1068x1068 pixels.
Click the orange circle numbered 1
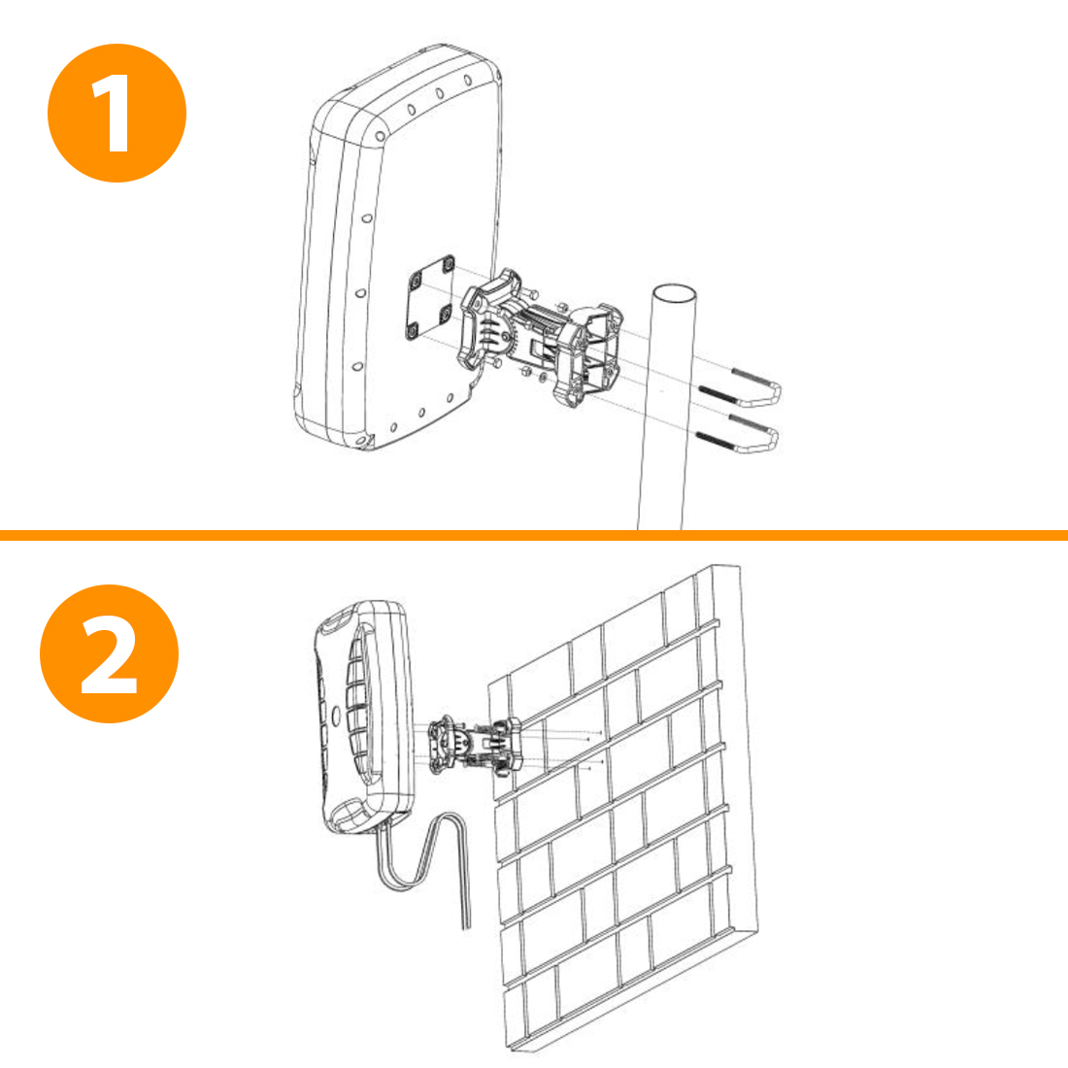point(117,113)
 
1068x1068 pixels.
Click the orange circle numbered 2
point(109,653)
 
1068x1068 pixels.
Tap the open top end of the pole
point(674,294)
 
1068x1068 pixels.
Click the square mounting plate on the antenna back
point(431,298)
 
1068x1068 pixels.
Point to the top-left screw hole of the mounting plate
point(416,279)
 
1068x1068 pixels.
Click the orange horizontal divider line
point(534,535)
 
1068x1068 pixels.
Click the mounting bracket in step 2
point(475,745)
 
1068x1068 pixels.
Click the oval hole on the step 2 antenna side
point(335,715)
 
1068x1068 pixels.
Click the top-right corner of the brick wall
point(738,565)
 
